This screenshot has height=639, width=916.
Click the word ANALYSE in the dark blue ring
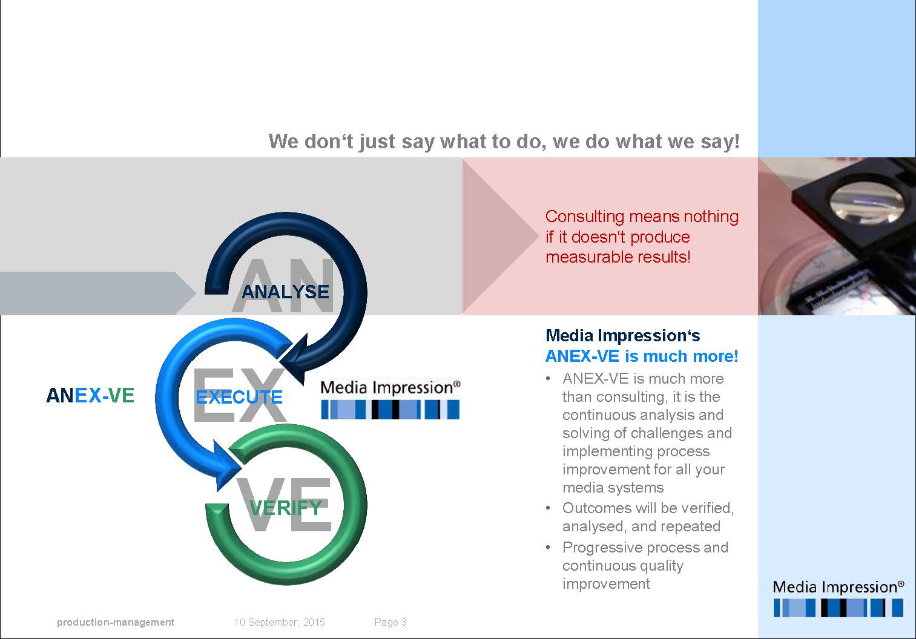pyautogui.click(x=285, y=292)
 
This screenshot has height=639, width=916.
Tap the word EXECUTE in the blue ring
pyautogui.click(x=239, y=397)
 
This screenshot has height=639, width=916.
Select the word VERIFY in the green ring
pyautogui.click(x=286, y=507)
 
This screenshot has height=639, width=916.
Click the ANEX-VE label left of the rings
pyautogui.click(x=90, y=395)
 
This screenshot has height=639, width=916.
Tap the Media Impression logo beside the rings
pyautogui.click(x=390, y=399)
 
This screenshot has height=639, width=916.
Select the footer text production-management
pyautogui.click(x=116, y=622)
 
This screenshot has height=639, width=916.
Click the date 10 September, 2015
pyautogui.click(x=280, y=622)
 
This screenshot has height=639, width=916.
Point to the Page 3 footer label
pyautogui.click(x=390, y=622)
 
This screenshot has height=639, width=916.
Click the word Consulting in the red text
pyautogui.click(x=584, y=217)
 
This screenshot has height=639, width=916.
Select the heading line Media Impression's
pyautogui.click(x=622, y=336)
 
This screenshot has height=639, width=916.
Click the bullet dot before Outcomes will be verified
pyautogui.click(x=549, y=508)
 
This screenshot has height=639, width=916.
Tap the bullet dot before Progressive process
pyautogui.click(x=549, y=548)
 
